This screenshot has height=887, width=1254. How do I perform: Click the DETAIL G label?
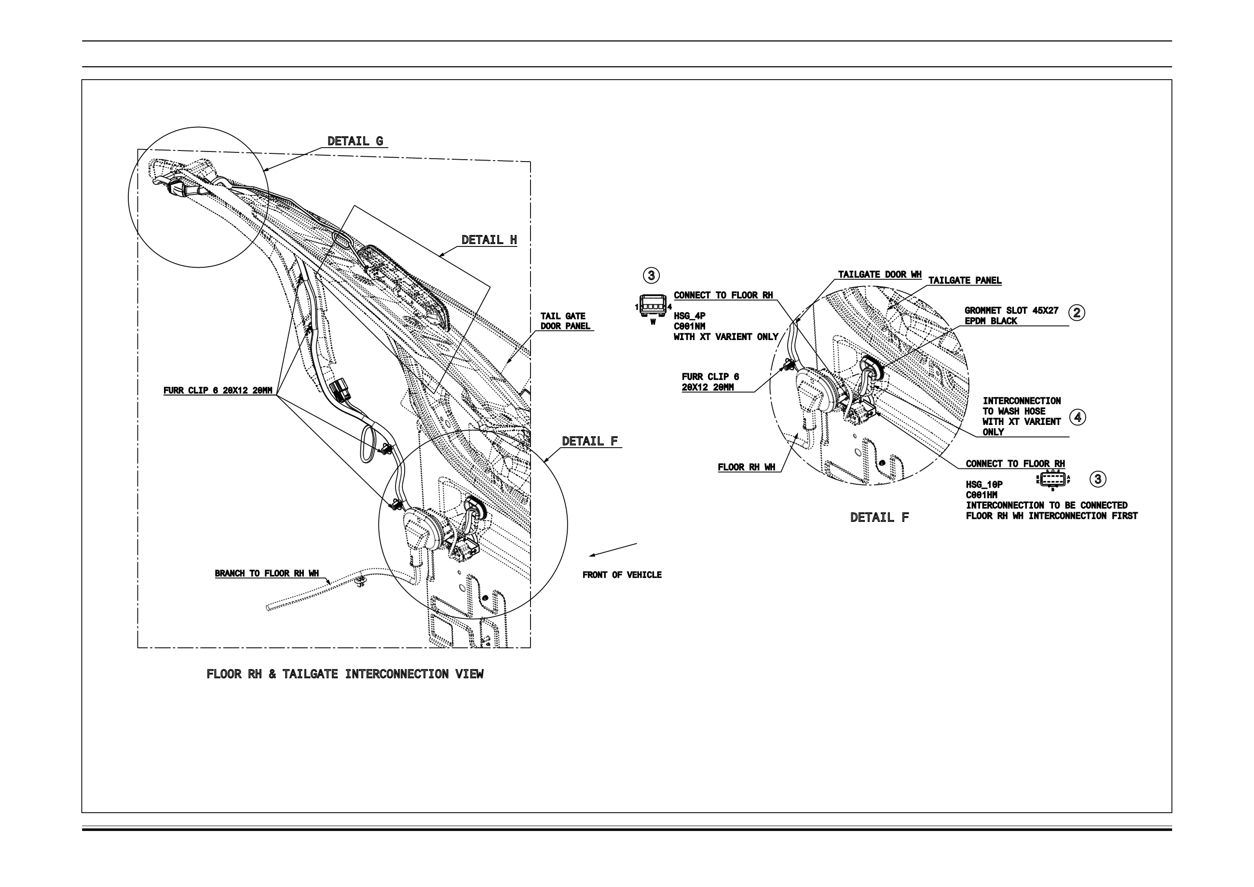pyautogui.click(x=355, y=141)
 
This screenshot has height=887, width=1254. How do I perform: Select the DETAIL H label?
pyautogui.click(x=489, y=240)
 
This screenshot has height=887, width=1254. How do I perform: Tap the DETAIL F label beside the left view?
pyautogui.click(x=590, y=441)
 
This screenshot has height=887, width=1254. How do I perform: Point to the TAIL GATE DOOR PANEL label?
pyautogui.click(x=565, y=321)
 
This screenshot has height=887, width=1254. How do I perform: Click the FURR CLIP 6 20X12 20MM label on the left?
pyautogui.click(x=218, y=391)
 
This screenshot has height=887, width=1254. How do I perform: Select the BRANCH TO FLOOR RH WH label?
pyautogui.click(x=267, y=573)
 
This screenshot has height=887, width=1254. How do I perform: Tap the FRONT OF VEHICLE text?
pyautogui.click(x=622, y=575)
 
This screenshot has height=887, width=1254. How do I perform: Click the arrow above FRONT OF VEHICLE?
pyautogui.click(x=613, y=550)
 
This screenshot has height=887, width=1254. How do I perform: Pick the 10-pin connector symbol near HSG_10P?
pyautogui.click(x=1052, y=479)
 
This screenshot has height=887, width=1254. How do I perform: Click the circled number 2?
pyautogui.click(x=1077, y=313)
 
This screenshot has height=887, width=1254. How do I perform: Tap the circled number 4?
pyautogui.click(x=1077, y=417)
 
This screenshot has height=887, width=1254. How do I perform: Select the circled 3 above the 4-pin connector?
pyautogui.click(x=651, y=275)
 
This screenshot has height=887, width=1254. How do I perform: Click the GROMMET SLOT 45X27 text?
pyautogui.click(x=1011, y=311)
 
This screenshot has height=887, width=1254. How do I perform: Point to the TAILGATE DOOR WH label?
pyautogui.click(x=879, y=275)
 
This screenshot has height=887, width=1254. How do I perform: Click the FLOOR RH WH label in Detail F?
pyautogui.click(x=746, y=467)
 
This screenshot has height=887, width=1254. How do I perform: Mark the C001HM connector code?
pyautogui.click(x=981, y=495)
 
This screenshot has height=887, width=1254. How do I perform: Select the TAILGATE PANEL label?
pyautogui.click(x=965, y=281)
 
